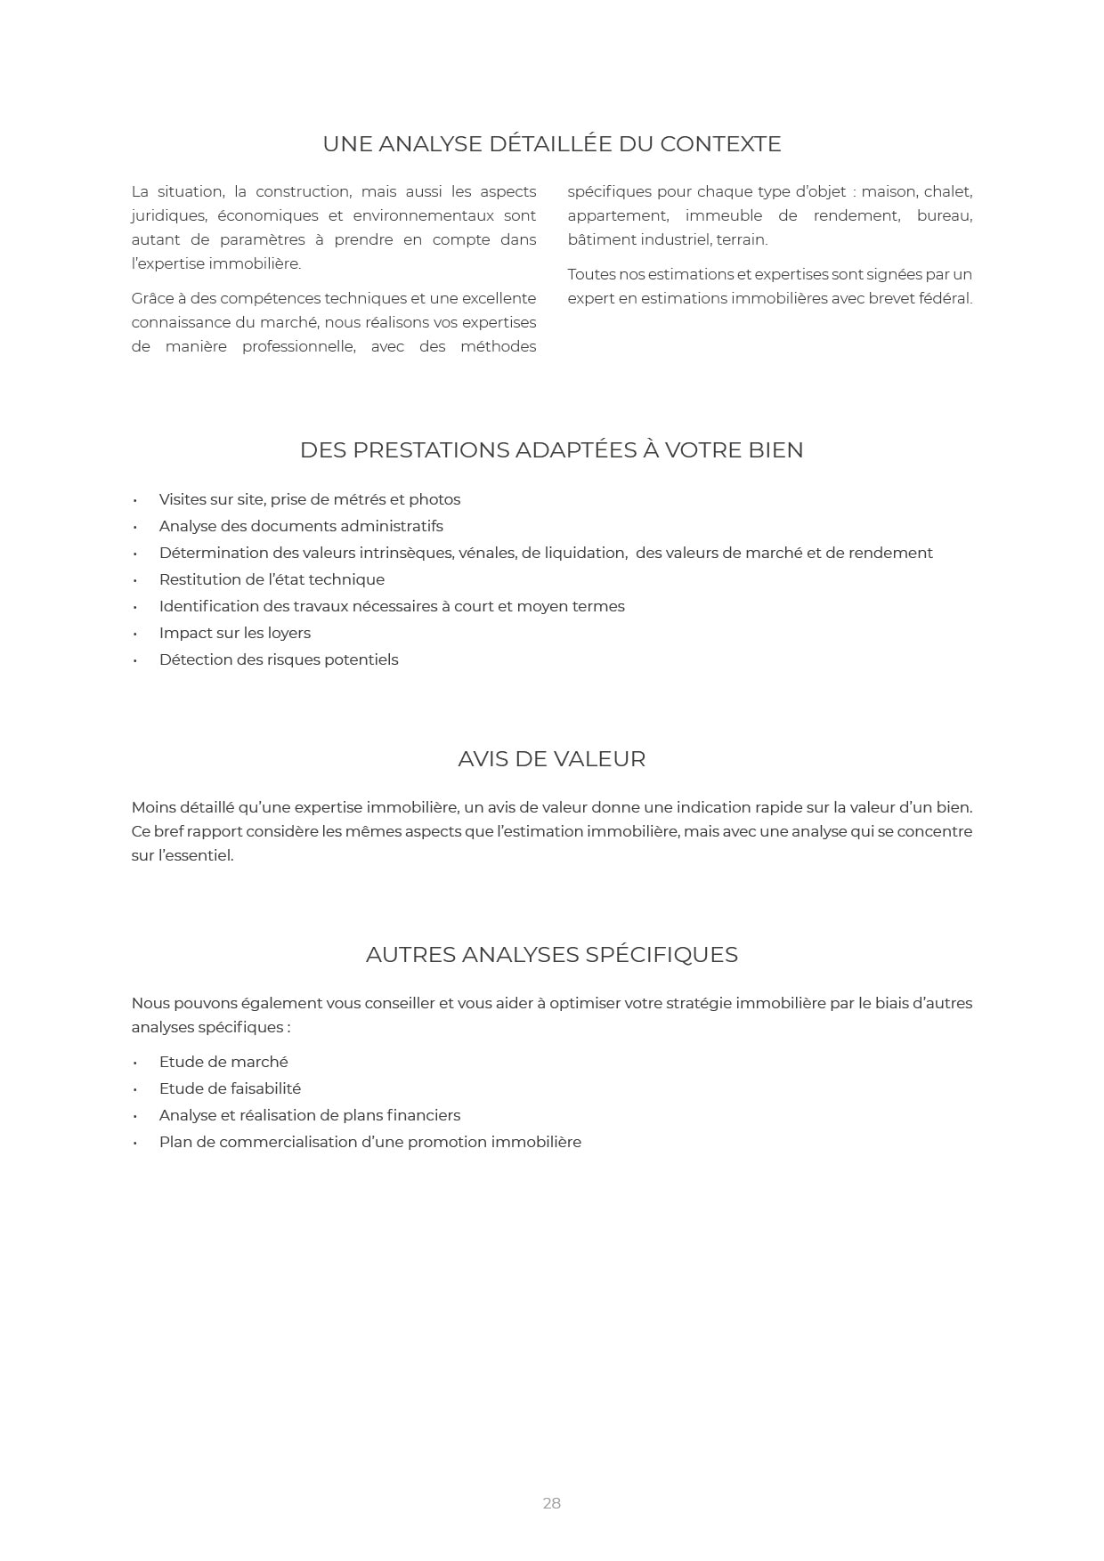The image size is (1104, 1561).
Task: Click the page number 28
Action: (551, 1503)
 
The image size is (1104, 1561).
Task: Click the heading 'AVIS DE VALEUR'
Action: (551, 759)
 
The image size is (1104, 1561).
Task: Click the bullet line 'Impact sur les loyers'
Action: (234, 633)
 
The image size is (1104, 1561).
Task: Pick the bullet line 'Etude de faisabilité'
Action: (230, 1088)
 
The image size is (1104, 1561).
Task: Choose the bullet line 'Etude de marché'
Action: (223, 1062)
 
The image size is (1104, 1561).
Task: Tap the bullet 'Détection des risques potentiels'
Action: (278, 659)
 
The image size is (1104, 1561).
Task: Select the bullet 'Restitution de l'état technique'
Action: (272, 579)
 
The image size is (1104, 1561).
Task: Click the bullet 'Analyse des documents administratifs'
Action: (301, 526)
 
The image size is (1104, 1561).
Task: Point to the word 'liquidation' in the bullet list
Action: (584, 553)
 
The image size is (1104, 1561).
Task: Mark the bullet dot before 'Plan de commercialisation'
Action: (135, 1143)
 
